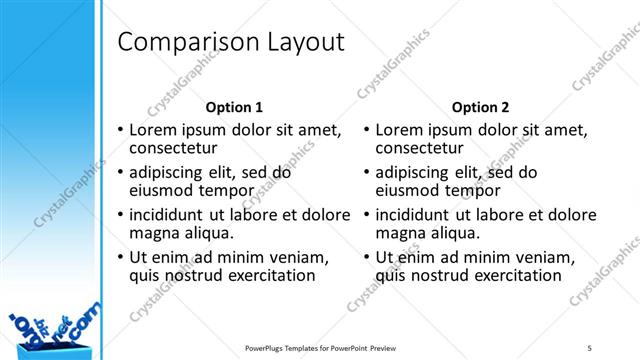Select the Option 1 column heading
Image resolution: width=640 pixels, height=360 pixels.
click(x=234, y=107)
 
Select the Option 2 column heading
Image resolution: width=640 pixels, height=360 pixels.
click(x=480, y=107)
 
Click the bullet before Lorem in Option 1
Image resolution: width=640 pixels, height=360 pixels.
click(x=121, y=131)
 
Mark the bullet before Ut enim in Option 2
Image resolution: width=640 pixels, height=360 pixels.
click(x=367, y=258)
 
